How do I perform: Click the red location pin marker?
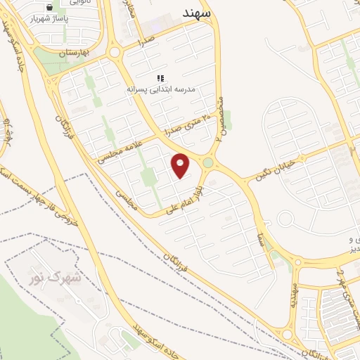[181, 165]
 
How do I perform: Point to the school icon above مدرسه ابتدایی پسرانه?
[160, 77]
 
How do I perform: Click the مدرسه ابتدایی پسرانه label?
[160, 89]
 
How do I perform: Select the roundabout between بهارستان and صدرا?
[115, 52]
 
